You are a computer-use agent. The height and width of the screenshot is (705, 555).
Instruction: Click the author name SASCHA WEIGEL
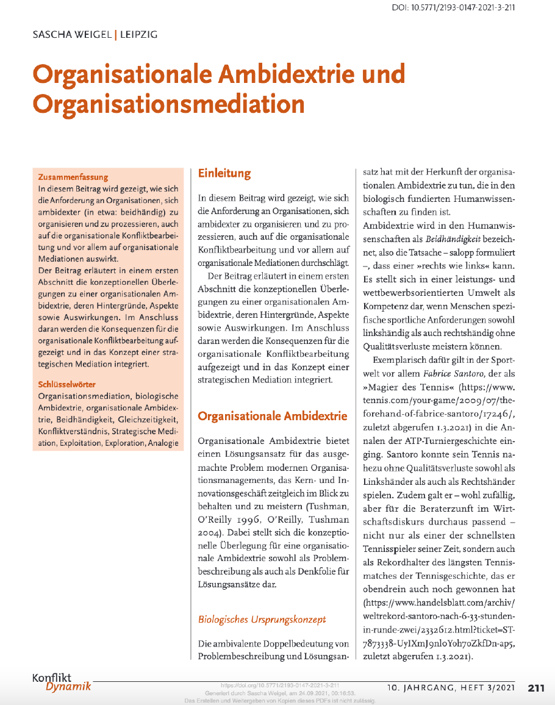click(x=72, y=35)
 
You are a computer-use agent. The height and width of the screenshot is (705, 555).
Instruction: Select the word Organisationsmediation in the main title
click(x=168, y=104)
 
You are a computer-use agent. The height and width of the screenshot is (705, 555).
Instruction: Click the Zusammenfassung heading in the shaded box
click(x=73, y=177)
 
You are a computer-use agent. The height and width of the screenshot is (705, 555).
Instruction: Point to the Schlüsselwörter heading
click(x=67, y=385)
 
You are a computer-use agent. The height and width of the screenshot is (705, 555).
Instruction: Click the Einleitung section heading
click(x=224, y=174)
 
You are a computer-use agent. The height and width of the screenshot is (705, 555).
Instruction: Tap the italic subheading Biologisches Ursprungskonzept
click(x=262, y=620)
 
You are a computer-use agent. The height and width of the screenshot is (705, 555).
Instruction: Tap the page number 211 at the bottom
click(x=536, y=689)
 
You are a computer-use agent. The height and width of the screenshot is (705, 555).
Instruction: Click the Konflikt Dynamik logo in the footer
click(x=61, y=682)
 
